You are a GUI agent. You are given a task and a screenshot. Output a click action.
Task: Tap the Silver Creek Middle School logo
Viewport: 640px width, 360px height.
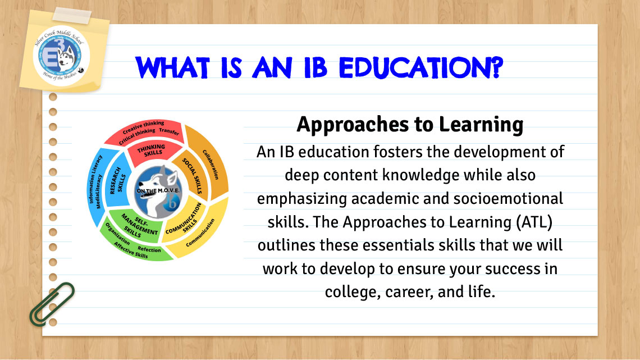point(61,55)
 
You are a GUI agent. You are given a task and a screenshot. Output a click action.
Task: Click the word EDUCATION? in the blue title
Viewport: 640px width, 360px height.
point(421,68)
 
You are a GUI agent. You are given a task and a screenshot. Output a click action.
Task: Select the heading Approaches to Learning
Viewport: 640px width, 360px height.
point(410,125)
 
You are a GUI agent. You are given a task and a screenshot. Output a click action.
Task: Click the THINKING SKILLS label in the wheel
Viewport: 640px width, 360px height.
point(152,150)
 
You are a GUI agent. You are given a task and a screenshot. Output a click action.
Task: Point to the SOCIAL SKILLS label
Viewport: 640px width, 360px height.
point(192,176)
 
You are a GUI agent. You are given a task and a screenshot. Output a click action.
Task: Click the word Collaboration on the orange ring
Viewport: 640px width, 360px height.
point(211,165)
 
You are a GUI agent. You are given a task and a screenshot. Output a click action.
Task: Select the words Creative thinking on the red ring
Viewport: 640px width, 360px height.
point(143,126)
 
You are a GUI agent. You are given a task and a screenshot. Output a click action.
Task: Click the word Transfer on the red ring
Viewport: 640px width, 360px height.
point(169,131)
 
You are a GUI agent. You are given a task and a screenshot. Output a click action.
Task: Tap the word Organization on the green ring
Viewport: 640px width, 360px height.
point(117,234)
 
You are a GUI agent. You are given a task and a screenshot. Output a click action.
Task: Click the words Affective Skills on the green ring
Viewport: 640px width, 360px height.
point(131,250)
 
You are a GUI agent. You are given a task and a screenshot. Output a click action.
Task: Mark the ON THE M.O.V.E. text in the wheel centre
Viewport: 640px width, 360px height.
point(158,190)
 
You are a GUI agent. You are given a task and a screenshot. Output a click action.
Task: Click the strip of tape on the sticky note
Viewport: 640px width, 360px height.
point(72,16)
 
